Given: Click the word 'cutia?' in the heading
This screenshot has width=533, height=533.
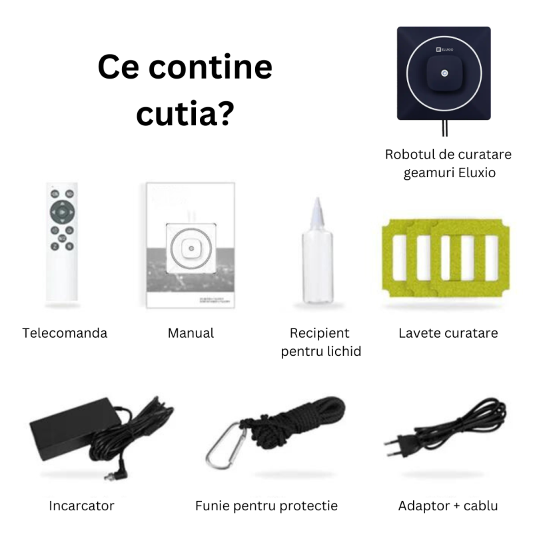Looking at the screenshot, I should pos(185,113).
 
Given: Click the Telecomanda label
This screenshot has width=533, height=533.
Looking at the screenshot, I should pos(65,332).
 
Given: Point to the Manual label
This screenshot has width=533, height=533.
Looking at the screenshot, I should pos(191,332).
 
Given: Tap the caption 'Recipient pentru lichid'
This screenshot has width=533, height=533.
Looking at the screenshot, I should pos(320,341).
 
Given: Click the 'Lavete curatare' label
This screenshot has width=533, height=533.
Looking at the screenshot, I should pos(448,332).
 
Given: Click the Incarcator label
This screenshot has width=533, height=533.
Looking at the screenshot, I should pos(81,506).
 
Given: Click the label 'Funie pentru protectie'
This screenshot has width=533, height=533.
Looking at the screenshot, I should pos(266,506).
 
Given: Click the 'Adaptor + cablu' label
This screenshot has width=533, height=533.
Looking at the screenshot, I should pos(448,506).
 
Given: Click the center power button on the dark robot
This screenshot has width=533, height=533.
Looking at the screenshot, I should pos(444,73).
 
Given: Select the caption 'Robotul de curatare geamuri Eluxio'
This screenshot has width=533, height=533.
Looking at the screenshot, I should pos(448,163).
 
